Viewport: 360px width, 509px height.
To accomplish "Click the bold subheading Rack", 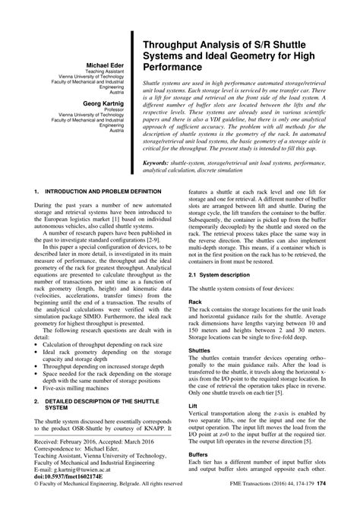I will click(x=195, y=302).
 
